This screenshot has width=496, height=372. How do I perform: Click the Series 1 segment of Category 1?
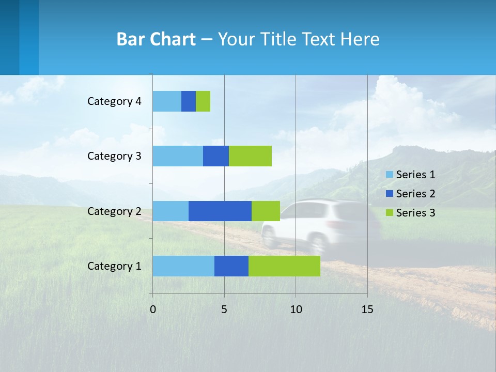coord(183,266)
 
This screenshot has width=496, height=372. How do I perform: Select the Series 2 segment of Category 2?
coord(220,211)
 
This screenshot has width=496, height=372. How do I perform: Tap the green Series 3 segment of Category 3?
coord(250,156)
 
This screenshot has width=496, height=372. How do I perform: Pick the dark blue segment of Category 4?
coord(189,101)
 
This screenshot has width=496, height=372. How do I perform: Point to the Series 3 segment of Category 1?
coord(284,266)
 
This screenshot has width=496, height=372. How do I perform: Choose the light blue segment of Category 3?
coord(178,156)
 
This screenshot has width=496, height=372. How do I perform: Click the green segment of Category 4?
coord(203,101)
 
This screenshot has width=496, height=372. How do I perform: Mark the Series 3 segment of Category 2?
coord(266,211)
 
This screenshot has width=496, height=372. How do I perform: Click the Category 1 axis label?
coord(114,266)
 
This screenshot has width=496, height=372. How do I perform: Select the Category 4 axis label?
coord(114,101)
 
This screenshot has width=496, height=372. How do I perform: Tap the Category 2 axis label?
coord(114,211)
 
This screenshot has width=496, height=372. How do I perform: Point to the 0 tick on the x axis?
coord(153,309)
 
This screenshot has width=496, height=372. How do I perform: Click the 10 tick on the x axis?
coord(296,309)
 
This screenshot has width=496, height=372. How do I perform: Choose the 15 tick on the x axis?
coord(367,309)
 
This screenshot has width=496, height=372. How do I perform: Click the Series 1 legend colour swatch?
coord(390,175)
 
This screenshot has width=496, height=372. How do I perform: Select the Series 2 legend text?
coord(415,194)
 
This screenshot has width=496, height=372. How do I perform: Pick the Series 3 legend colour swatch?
coord(390,213)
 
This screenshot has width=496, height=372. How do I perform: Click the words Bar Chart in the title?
coord(156,39)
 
